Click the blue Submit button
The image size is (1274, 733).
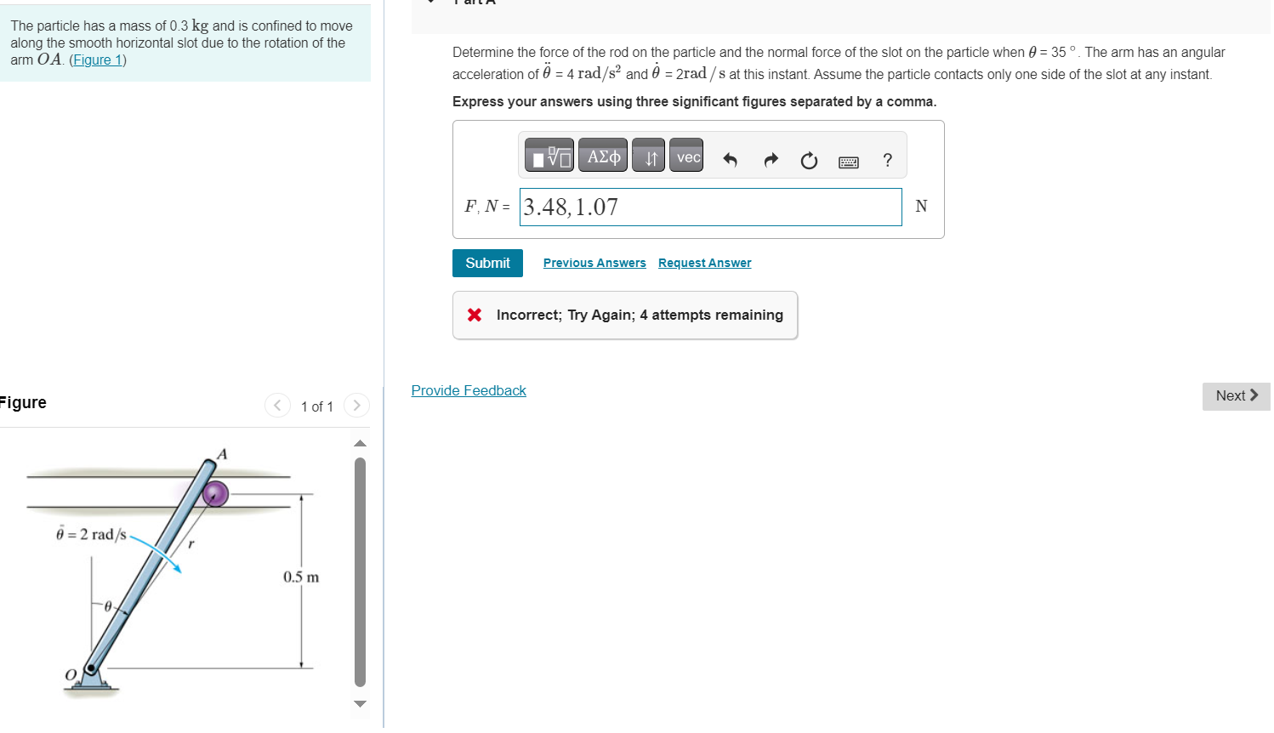[x=487, y=263]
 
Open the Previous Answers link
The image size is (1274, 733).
[x=594, y=263]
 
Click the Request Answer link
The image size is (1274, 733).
[x=705, y=263]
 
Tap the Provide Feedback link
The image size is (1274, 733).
[x=469, y=390]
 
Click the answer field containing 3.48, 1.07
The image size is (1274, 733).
[x=710, y=207]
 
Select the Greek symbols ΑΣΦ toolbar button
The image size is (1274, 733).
[x=603, y=156]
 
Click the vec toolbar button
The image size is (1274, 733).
[x=686, y=156]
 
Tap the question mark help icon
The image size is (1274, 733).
[x=887, y=160]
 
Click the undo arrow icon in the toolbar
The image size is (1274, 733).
[x=731, y=160]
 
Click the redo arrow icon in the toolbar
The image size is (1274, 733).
[x=771, y=160]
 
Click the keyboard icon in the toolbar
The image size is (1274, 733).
[x=849, y=162]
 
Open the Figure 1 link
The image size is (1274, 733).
[x=97, y=60]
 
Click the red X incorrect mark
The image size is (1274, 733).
[x=475, y=315]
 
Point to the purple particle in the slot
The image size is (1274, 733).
[x=215, y=493]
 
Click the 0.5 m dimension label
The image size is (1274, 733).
[x=301, y=577]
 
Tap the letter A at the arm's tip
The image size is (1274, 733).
[x=222, y=454]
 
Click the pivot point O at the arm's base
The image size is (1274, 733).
[x=90, y=668]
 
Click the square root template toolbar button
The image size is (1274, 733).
[x=549, y=156]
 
